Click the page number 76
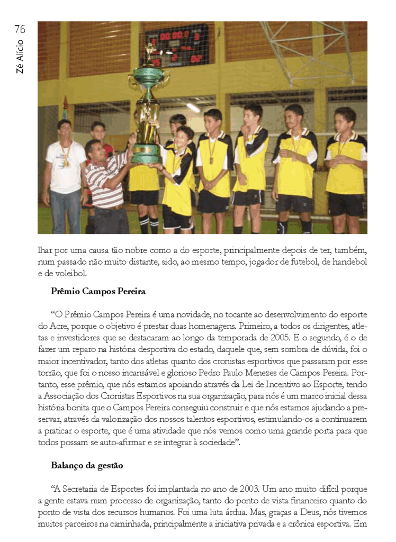(x=20, y=29)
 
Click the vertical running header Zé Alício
(x=20, y=58)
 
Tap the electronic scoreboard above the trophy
(x=177, y=46)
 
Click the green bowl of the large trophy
(x=148, y=77)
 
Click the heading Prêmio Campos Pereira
(x=98, y=291)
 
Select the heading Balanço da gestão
(x=87, y=466)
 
